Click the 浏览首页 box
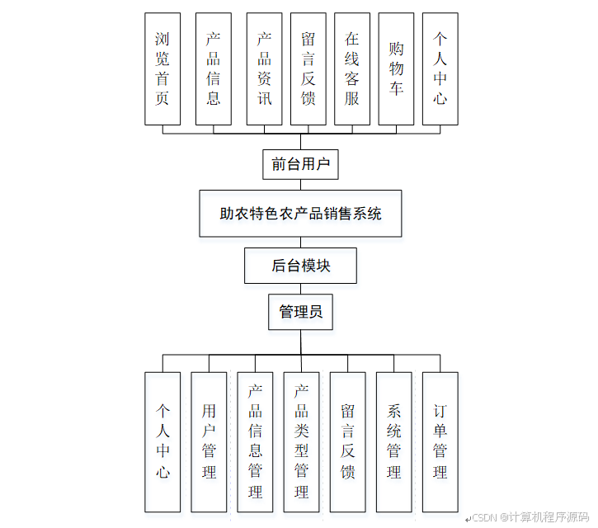coord(162,68)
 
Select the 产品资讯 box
coord(264,68)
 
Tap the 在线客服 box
coord(352,68)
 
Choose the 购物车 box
coord(396,68)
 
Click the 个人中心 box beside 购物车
coord(440,68)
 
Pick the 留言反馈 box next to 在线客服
coord(308,68)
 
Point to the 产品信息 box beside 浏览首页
coord(214,68)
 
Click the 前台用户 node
coord(300,164)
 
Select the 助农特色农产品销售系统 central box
coord(300,214)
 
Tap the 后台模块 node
coord(300,266)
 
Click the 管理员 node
coord(300,312)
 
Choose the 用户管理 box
coord(209,441)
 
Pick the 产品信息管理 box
coord(255,441)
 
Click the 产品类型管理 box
coord(301,441)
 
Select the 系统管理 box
coord(393,441)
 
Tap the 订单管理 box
coord(440,441)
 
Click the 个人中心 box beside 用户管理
coord(162,441)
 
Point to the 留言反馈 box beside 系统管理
coord(347,441)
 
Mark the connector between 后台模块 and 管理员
coord(300,289)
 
